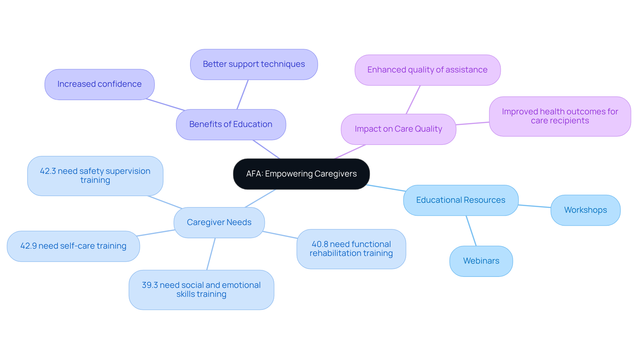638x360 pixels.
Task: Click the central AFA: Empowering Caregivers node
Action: (301, 174)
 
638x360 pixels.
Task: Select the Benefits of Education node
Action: (231, 124)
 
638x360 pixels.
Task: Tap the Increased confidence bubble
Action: (99, 84)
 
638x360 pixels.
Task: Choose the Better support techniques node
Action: (254, 64)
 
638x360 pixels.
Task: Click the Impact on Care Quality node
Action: (398, 129)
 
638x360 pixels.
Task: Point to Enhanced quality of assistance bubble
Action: (427, 70)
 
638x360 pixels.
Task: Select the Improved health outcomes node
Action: (560, 116)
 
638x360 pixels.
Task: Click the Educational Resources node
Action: (461, 200)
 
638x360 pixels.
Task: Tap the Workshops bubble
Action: (585, 210)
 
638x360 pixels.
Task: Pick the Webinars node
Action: (481, 261)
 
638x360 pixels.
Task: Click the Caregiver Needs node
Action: (219, 222)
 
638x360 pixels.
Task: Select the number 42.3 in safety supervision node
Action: (48, 171)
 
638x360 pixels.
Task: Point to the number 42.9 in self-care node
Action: (28, 246)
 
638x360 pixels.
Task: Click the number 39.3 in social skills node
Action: (150, 285)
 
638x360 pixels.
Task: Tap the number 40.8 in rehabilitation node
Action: (320, 244)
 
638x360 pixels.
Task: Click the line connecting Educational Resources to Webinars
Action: (471, 231)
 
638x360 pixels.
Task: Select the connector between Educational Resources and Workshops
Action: (534, 206)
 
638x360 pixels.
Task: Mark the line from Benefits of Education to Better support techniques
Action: (243, 94)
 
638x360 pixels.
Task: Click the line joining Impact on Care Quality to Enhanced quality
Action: (413, 100)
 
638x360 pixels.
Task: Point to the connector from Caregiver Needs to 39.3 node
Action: (211, 254)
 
